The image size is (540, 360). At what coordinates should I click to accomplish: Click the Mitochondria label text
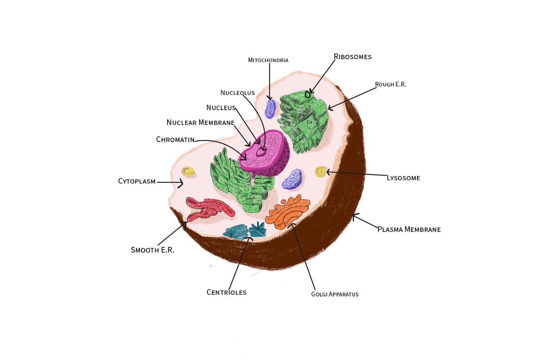pos(268,60)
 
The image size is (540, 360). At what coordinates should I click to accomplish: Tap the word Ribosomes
pos(352,57)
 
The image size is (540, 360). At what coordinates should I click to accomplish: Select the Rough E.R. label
pos(390,84)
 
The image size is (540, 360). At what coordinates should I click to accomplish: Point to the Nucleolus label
pos(238,93)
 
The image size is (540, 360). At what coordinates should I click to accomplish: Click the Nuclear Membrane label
pos(200,123)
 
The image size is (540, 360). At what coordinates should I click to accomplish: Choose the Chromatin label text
pos(175,140)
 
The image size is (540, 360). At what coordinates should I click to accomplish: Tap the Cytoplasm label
pos(137,181)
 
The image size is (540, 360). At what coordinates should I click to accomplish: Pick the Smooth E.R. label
pos(152,250)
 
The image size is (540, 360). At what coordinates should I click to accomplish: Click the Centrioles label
pos(226,292)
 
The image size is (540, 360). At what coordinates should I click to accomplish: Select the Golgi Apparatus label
pos(335,294)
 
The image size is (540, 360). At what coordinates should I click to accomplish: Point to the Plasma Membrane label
pos(409,229)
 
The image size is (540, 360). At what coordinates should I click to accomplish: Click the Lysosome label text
pos(403,178)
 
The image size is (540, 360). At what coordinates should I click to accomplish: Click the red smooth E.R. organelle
pos(208,209)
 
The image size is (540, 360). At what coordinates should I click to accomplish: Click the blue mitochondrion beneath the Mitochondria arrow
pos(270,109)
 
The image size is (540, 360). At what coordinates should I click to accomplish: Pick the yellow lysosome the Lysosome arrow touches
pos(320,172)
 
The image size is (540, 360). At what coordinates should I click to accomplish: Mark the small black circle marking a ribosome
pos(308,95)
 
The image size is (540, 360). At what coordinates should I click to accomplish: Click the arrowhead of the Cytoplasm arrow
pos(182,183)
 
